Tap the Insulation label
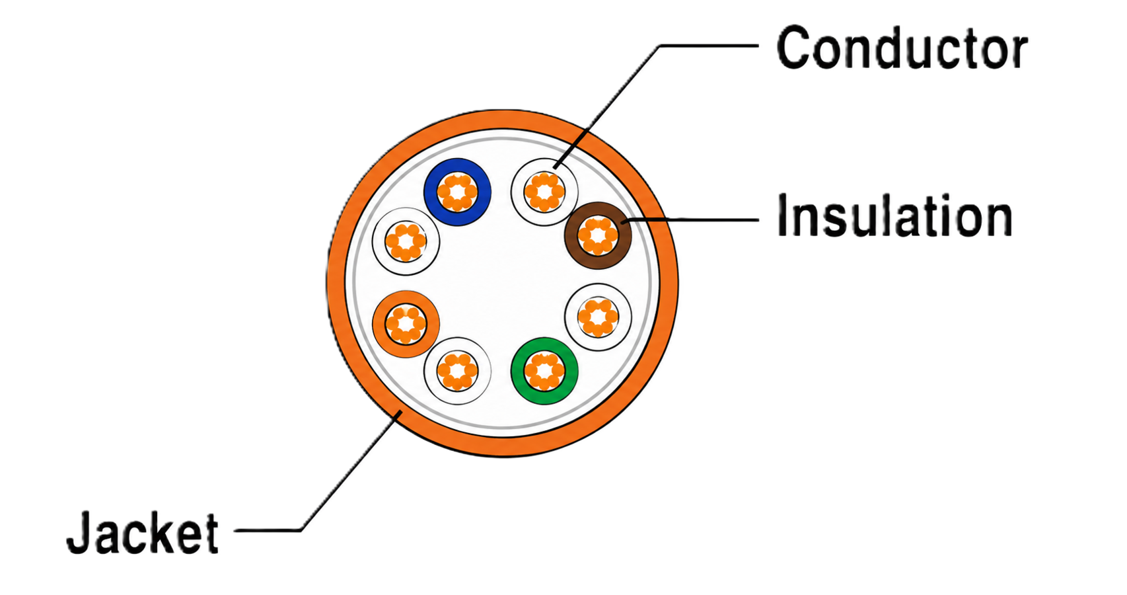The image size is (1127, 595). [x=894, y=216]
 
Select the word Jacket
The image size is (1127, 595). [x=143, y=532]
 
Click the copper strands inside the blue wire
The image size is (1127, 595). [x=457, y=192]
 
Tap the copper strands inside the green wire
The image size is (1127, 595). [x=544, y=371]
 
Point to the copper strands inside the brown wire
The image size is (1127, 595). [x=598, y=235]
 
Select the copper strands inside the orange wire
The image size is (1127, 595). [x=406, y=324]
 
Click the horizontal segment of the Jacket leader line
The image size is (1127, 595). [x=268, y=530]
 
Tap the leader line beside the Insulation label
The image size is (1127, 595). [x=691, y=220]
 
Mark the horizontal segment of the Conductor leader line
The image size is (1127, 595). [x=709, y=46]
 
